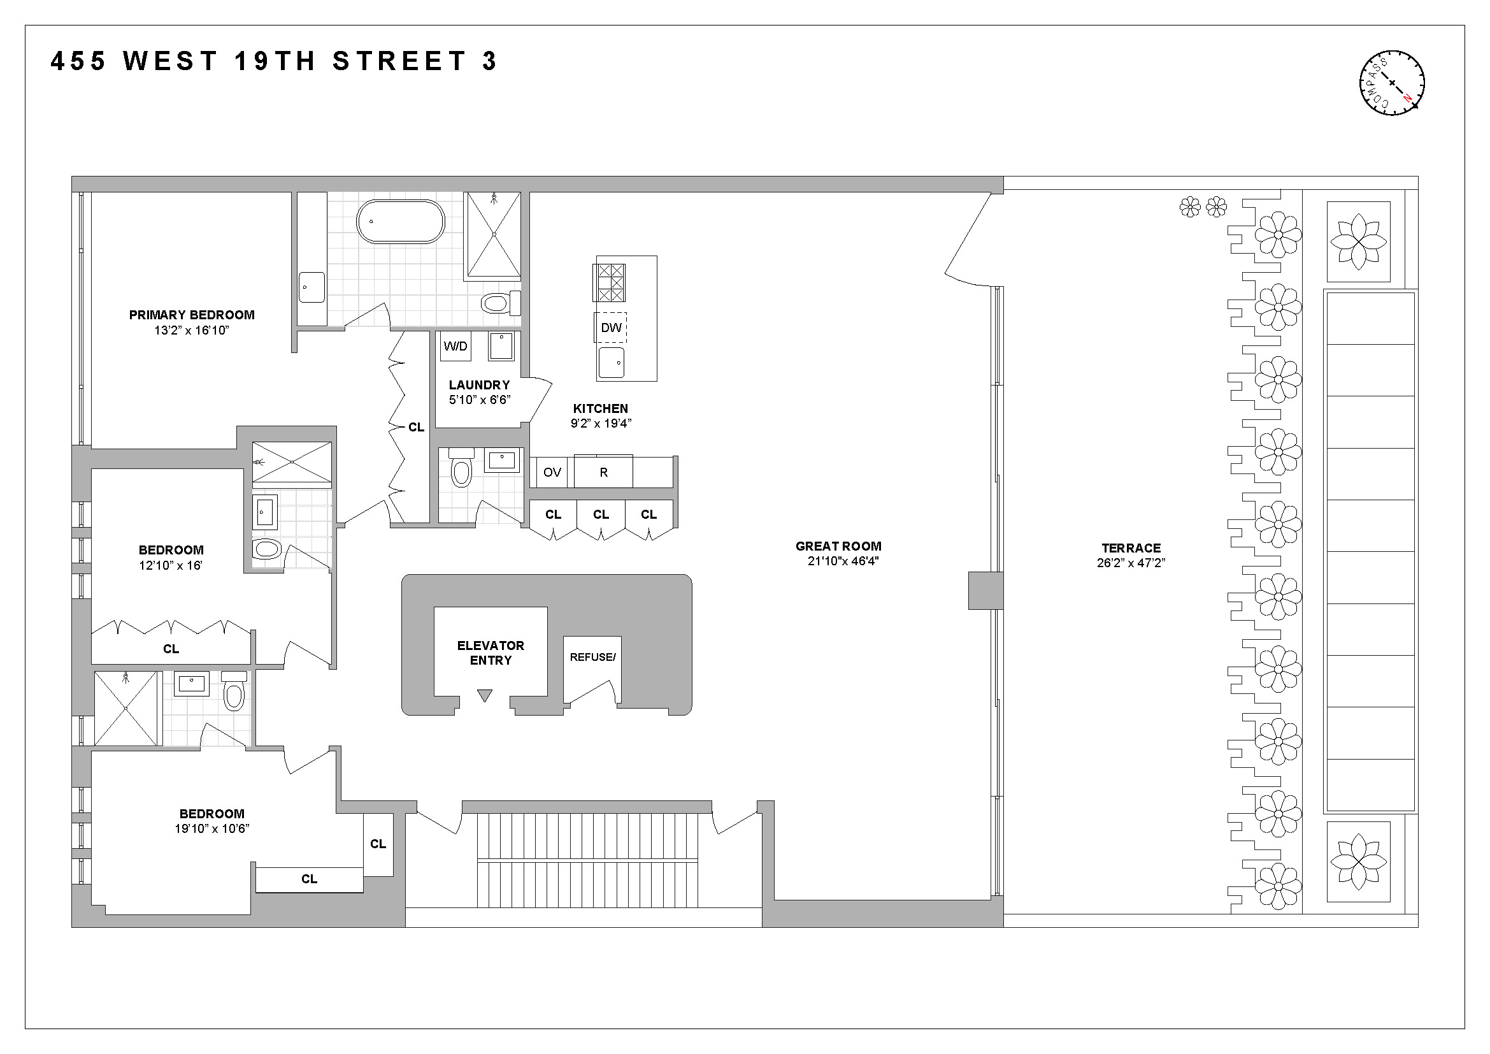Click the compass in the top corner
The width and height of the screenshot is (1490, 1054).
(x=1392, y=83)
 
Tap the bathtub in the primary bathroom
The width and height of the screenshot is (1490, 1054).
(x=401, y=221)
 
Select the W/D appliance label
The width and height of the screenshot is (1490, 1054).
(x=455, y=346)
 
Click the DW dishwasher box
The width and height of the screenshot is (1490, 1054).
(x=611, y=328)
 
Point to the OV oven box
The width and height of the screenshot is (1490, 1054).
(x=552, y=472)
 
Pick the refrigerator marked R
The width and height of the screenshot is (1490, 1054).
(x=603, y=472)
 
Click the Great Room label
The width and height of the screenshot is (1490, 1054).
(x=838, y=547)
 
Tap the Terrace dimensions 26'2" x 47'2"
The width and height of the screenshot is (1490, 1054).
(x=1131, y=563)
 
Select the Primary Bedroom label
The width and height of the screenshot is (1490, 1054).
(x=192, y=315)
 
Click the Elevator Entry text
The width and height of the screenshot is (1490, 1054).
(x=491, y=653)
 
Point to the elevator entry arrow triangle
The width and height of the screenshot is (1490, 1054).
(x=485, y=696)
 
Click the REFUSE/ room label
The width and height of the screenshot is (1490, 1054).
(x=592, y=658)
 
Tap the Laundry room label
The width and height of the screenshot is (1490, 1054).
(x=479, y=385)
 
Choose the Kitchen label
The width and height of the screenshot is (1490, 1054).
(x=600, y=409)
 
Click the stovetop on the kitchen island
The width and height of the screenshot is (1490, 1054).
(x=611, y=283)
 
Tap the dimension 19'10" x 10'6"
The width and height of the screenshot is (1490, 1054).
(x=212, y=829)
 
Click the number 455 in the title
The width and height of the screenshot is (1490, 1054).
(x=78, y=62)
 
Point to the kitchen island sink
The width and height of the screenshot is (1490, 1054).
(x=611, y=362)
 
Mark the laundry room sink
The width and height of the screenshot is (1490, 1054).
(x=501, y=346)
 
